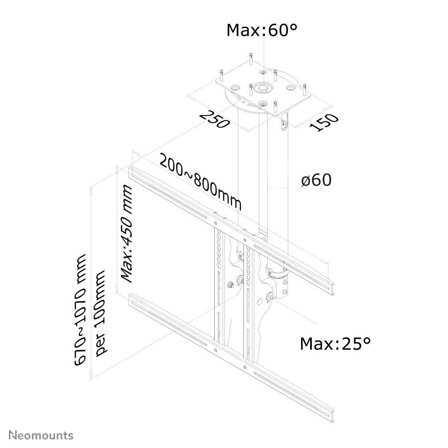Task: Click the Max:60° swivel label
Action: (262, 30)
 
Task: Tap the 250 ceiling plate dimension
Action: (215, 118)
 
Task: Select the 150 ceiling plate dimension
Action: (324, 122)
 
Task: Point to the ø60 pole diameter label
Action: (316, 180)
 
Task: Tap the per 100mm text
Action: (102, 312)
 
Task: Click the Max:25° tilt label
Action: (335, 344)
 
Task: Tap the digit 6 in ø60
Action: (314, 180)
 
